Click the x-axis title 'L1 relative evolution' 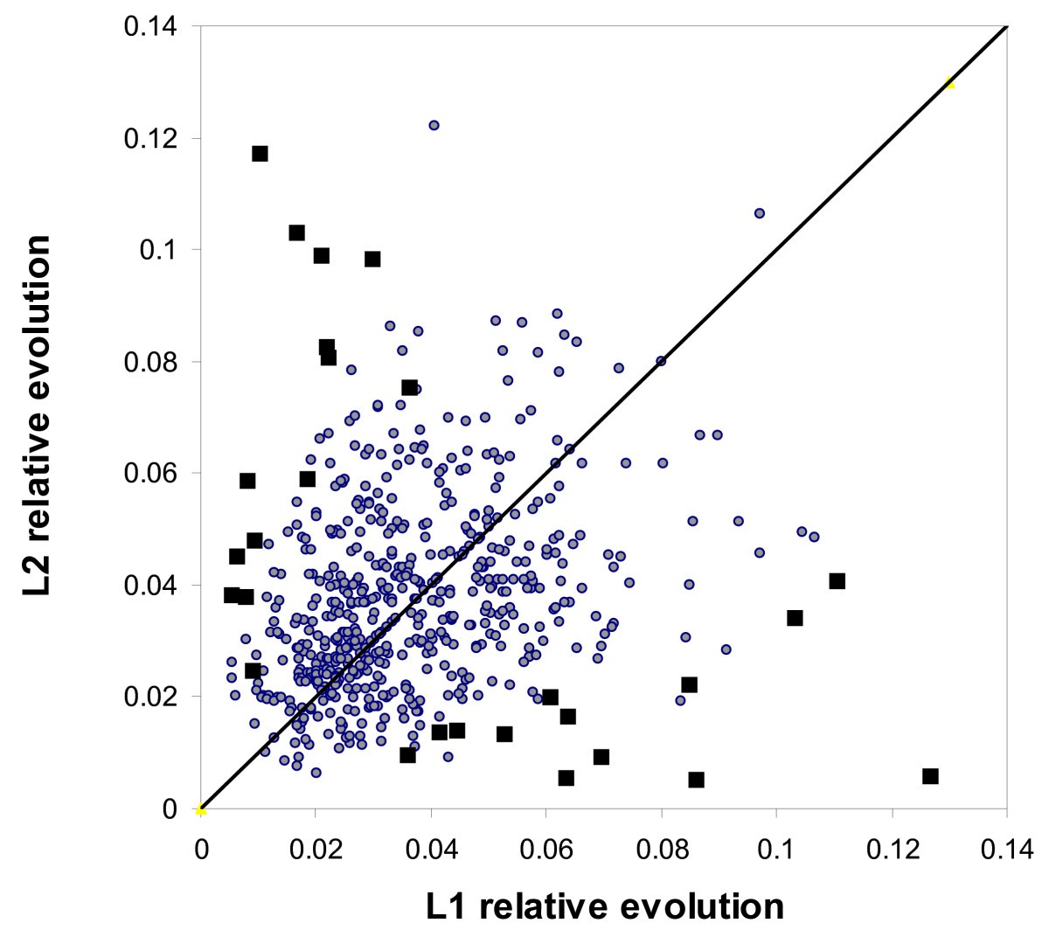click(x=605, y=905)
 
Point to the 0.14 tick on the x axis click(x=1007, y=809)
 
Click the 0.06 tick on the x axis click(x=546, y=809)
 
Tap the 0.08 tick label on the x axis click(x=661, y=849)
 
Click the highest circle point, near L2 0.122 click(x=434, y=125)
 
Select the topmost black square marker click(x=260, y=154)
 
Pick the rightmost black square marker click(x=930, y=776)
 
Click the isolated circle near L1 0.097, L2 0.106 click(x=760, y=213)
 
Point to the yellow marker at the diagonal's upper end click(x=949, y=84)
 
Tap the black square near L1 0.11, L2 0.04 click(x=837, y=581)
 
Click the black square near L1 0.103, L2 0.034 click(x=795, y=618)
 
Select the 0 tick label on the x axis click(x=201, y=849)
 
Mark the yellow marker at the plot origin click(x=201, y=809)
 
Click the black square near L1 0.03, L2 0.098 click(x=372, y=259)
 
